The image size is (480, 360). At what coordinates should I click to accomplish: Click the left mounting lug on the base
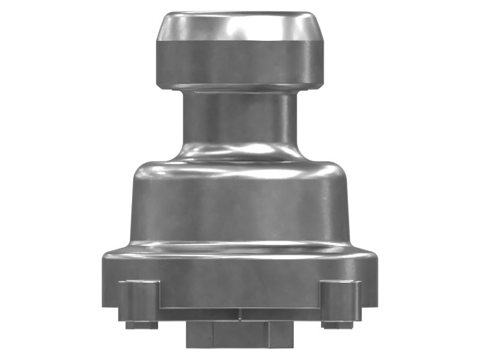click(x=139, y=300)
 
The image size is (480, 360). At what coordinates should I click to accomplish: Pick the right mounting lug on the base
click(x=340, y=300)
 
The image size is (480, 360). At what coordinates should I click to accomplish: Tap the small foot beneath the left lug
click(x=142, y=325)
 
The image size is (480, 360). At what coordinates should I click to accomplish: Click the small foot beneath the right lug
click(x=338, y=325)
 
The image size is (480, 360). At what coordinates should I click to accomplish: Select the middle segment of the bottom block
click(x=240, y=334)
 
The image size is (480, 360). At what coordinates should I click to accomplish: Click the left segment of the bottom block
click(x=199, y=334)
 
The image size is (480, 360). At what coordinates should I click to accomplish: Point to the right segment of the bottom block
click(x=281, y=334)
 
